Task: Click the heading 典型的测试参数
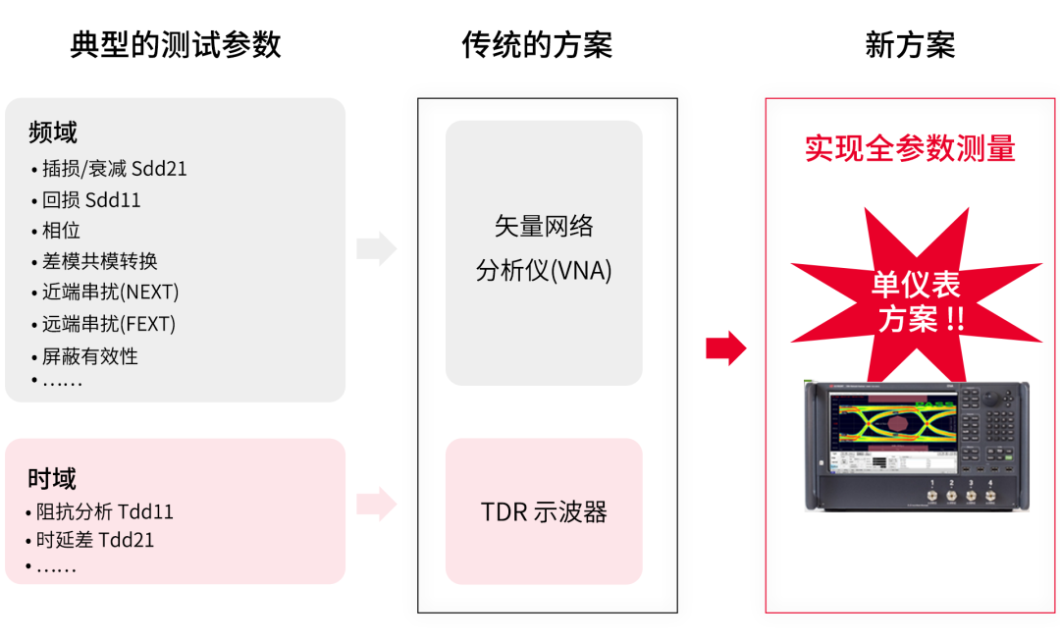(x=176, y=45)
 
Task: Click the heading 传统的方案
(x=537, y=45)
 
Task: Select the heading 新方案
(x=910, y=45)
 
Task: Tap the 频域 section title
(x=53, y=133)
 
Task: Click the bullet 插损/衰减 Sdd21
(x=114, y=169)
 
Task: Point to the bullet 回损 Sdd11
(x=91, y=200)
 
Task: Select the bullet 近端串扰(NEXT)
(x=110, y=293)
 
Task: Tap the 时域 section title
(x=52, y=479)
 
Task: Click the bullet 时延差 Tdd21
(x=94, y=540)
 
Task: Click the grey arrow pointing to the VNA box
(x=376, y=248)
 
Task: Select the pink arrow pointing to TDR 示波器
(x=376, y=505)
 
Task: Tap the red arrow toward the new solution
(x=725, y=347)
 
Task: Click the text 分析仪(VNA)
(x=544, y=271)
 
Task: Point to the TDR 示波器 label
(x=544, y=511)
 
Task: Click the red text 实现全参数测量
(x=910, y=148)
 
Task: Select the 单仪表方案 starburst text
(x=916, y=301)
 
